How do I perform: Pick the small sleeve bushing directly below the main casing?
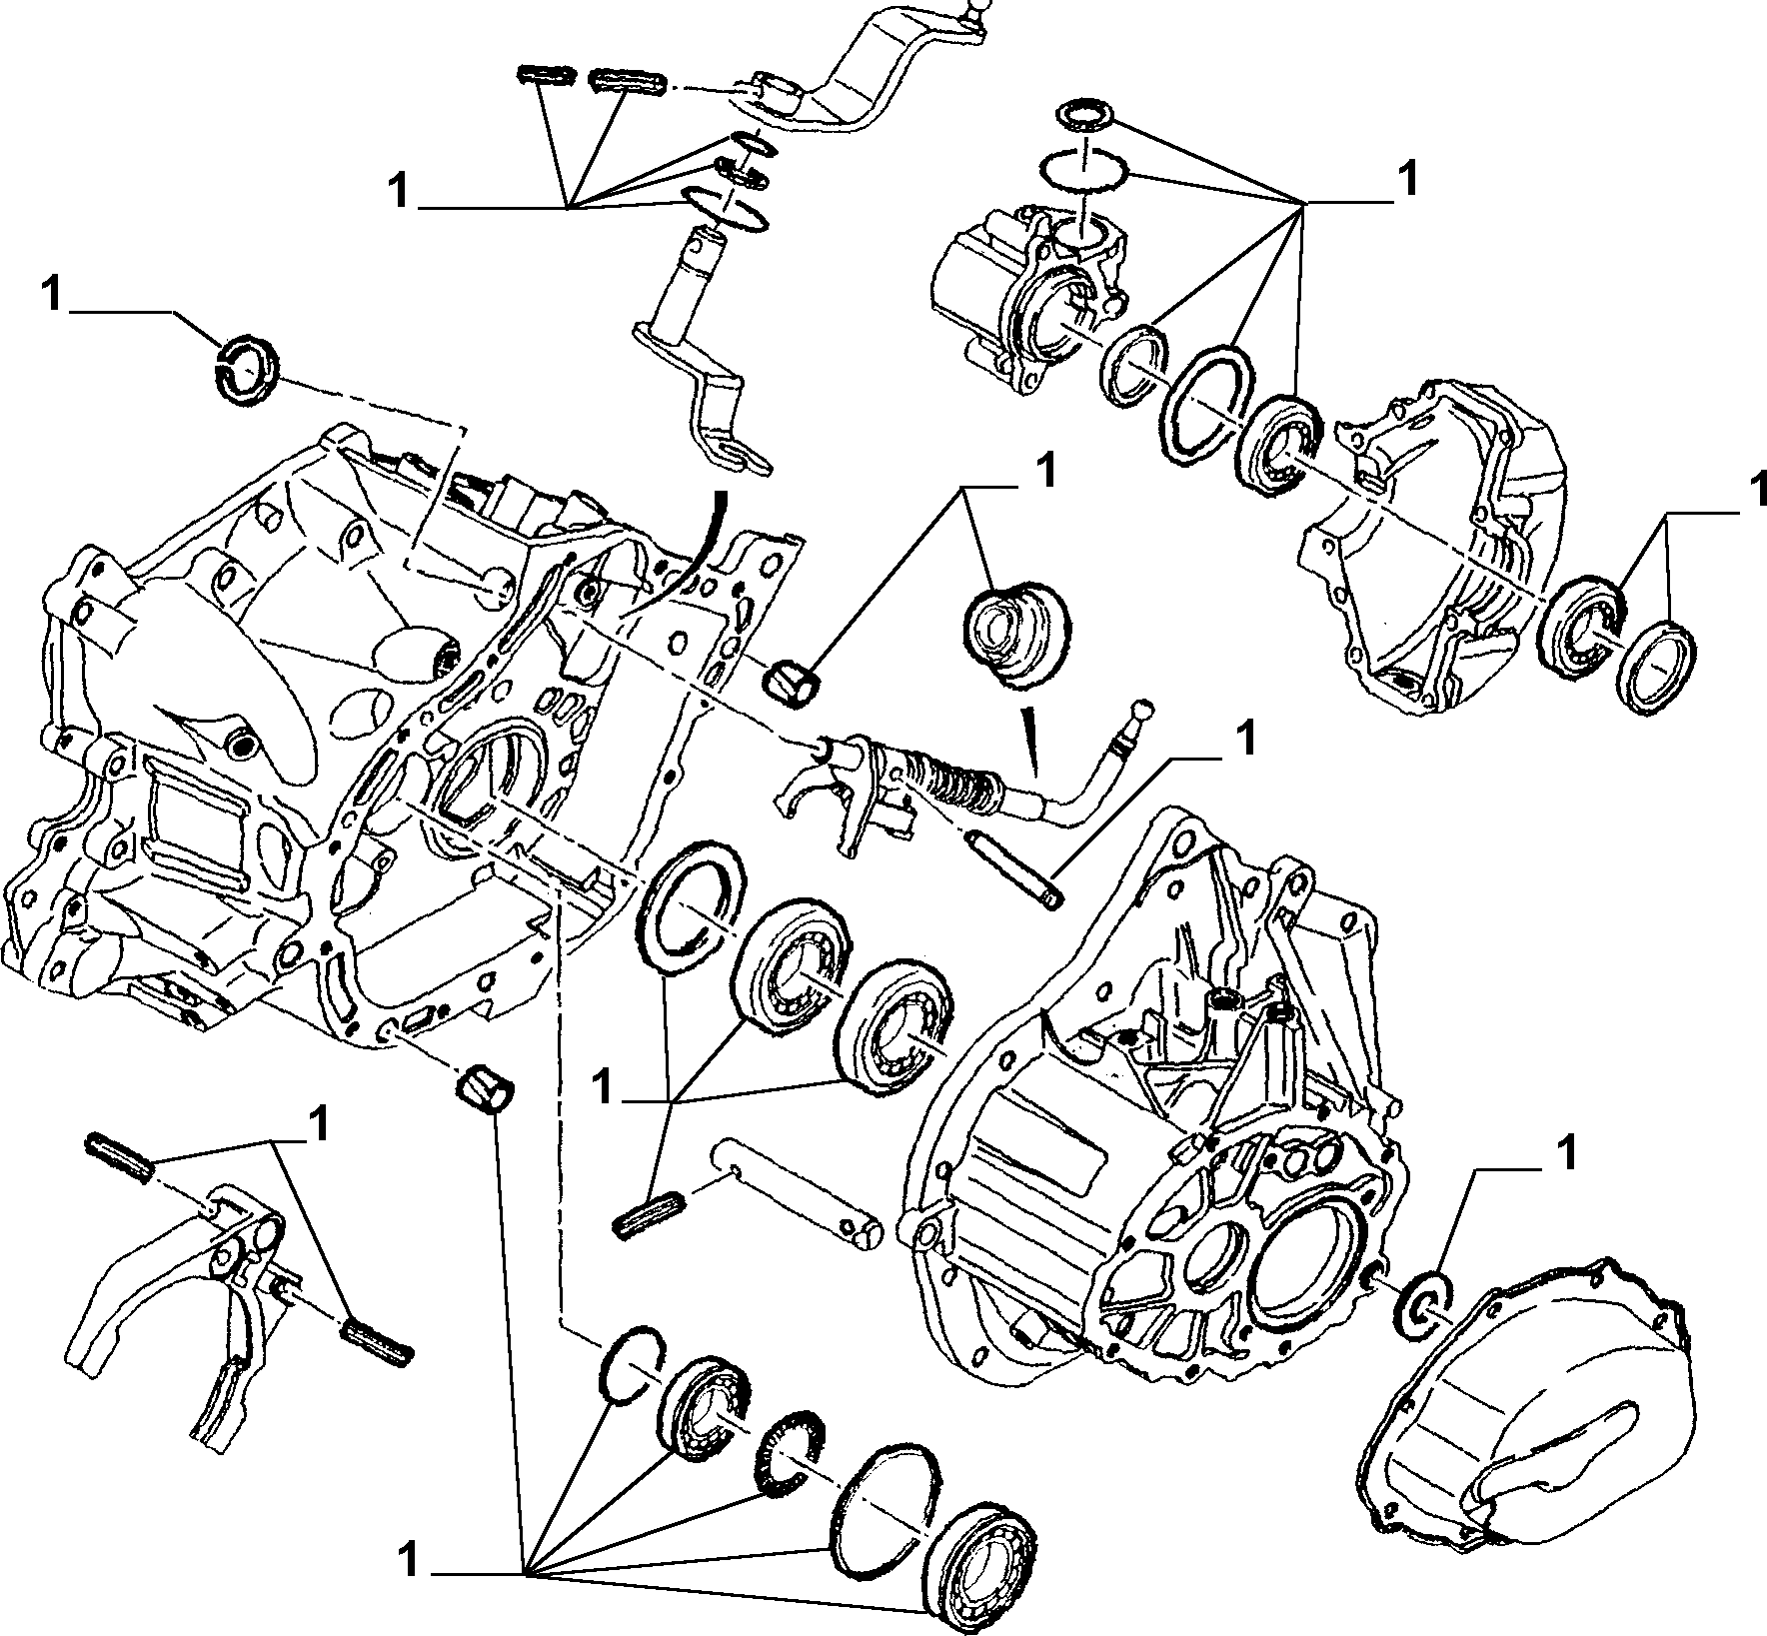484,1087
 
